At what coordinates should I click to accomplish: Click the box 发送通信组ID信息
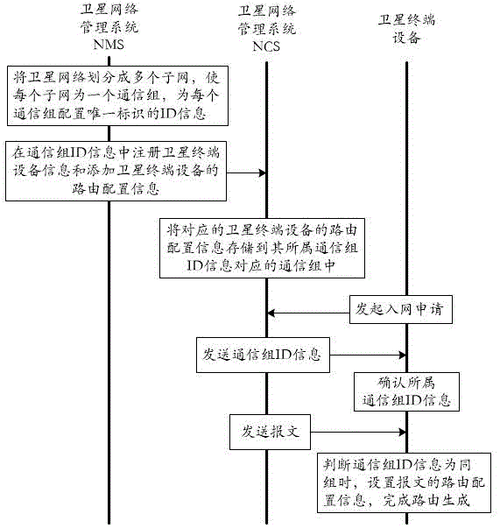(262, 356)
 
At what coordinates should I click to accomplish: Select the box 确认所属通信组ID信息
(405, 391)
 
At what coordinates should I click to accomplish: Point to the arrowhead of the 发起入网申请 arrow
(271, 312)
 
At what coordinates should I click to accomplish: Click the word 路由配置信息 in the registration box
(115, 187)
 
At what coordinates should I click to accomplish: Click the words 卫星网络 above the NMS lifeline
(109, 11)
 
